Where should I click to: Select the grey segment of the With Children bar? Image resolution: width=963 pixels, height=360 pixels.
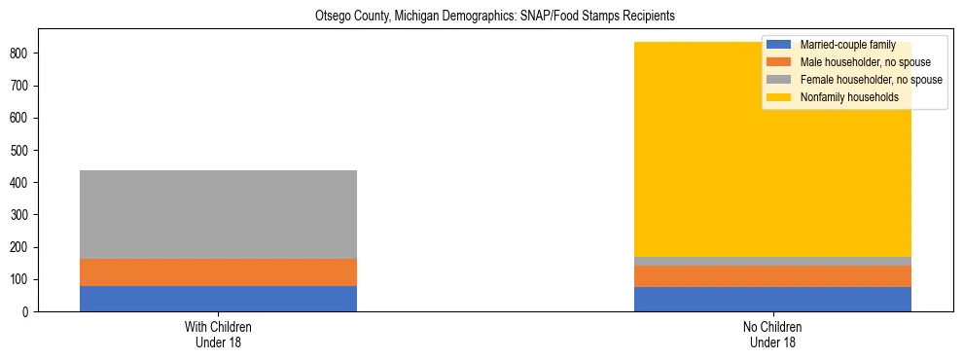click(x=218, y=214)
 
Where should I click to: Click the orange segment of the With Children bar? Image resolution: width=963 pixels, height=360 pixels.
click(x=218, y=272)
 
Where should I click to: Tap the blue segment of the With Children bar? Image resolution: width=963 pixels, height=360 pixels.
click(x=218, y=299)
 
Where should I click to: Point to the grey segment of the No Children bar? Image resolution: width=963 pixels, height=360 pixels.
click(x=772, y=261)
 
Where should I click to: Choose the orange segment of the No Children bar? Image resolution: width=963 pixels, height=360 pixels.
click(x=772, y=276)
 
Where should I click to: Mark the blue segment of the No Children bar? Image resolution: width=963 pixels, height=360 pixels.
click(x=772, y=300)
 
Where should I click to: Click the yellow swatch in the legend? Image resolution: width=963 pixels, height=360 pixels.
click(x=779, y=97)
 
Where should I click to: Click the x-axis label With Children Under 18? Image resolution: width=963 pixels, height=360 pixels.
click(x=218, y=335)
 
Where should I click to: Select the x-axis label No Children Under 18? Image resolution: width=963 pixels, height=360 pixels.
click(x=772, y=335)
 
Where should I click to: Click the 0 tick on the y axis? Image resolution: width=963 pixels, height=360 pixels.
click(x=28, y=312)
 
